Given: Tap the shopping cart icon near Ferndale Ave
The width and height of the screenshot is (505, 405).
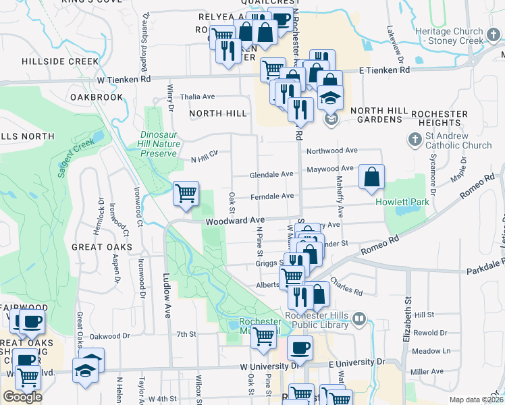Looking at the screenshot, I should [186, 193].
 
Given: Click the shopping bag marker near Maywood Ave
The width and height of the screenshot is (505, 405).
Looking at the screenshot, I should [371, 177].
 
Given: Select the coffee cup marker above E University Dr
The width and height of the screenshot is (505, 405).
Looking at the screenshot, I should [300, 348].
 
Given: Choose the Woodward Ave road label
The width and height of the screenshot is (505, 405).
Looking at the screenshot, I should [234, 221].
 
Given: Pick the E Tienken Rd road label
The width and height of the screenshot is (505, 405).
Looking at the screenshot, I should [384, 70].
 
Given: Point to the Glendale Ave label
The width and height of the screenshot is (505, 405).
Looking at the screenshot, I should [271, 174].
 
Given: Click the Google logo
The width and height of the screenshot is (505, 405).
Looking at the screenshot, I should [22, 397].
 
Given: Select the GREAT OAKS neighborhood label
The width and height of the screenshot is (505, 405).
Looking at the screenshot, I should [102, 248].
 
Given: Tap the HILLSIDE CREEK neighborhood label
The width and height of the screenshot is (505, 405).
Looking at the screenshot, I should [59, 61].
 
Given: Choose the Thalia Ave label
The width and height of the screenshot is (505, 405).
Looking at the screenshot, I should [196, 97].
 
